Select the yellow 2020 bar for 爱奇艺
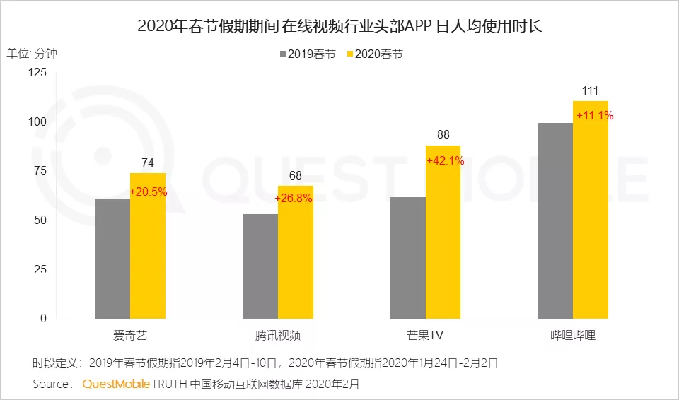click(148, 254)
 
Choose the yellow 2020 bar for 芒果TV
click(443, 240)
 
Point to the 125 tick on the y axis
click(38, 73)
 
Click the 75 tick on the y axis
click(42, 171)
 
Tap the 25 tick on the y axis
click(42, 269)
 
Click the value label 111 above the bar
click(591, 90)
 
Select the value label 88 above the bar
click(443, 135)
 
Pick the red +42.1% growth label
click(445, 160)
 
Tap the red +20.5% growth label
click(148, 191)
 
